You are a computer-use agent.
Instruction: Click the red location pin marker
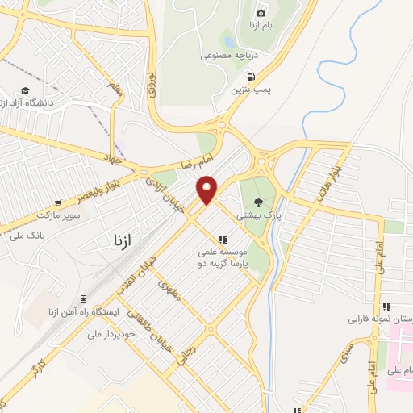(x=208, y=189)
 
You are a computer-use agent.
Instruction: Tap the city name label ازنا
(x=118, y=240)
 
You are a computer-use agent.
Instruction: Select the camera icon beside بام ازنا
(x=261, y=13)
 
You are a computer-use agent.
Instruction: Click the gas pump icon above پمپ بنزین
(x=251, y=78)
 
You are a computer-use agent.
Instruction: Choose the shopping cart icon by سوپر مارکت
(x=58, y=203)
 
